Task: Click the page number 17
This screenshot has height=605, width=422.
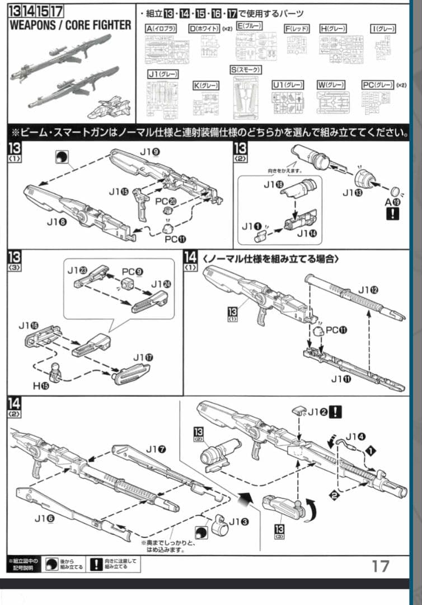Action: point(381,566)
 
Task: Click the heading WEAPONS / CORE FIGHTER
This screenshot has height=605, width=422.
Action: point(70,25)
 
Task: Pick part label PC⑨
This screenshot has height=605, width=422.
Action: point(133,271)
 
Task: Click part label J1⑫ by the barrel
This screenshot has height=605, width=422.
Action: point(368,290)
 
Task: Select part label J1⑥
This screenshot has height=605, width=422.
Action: point(44,518)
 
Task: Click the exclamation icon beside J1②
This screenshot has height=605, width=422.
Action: point(337,412)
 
